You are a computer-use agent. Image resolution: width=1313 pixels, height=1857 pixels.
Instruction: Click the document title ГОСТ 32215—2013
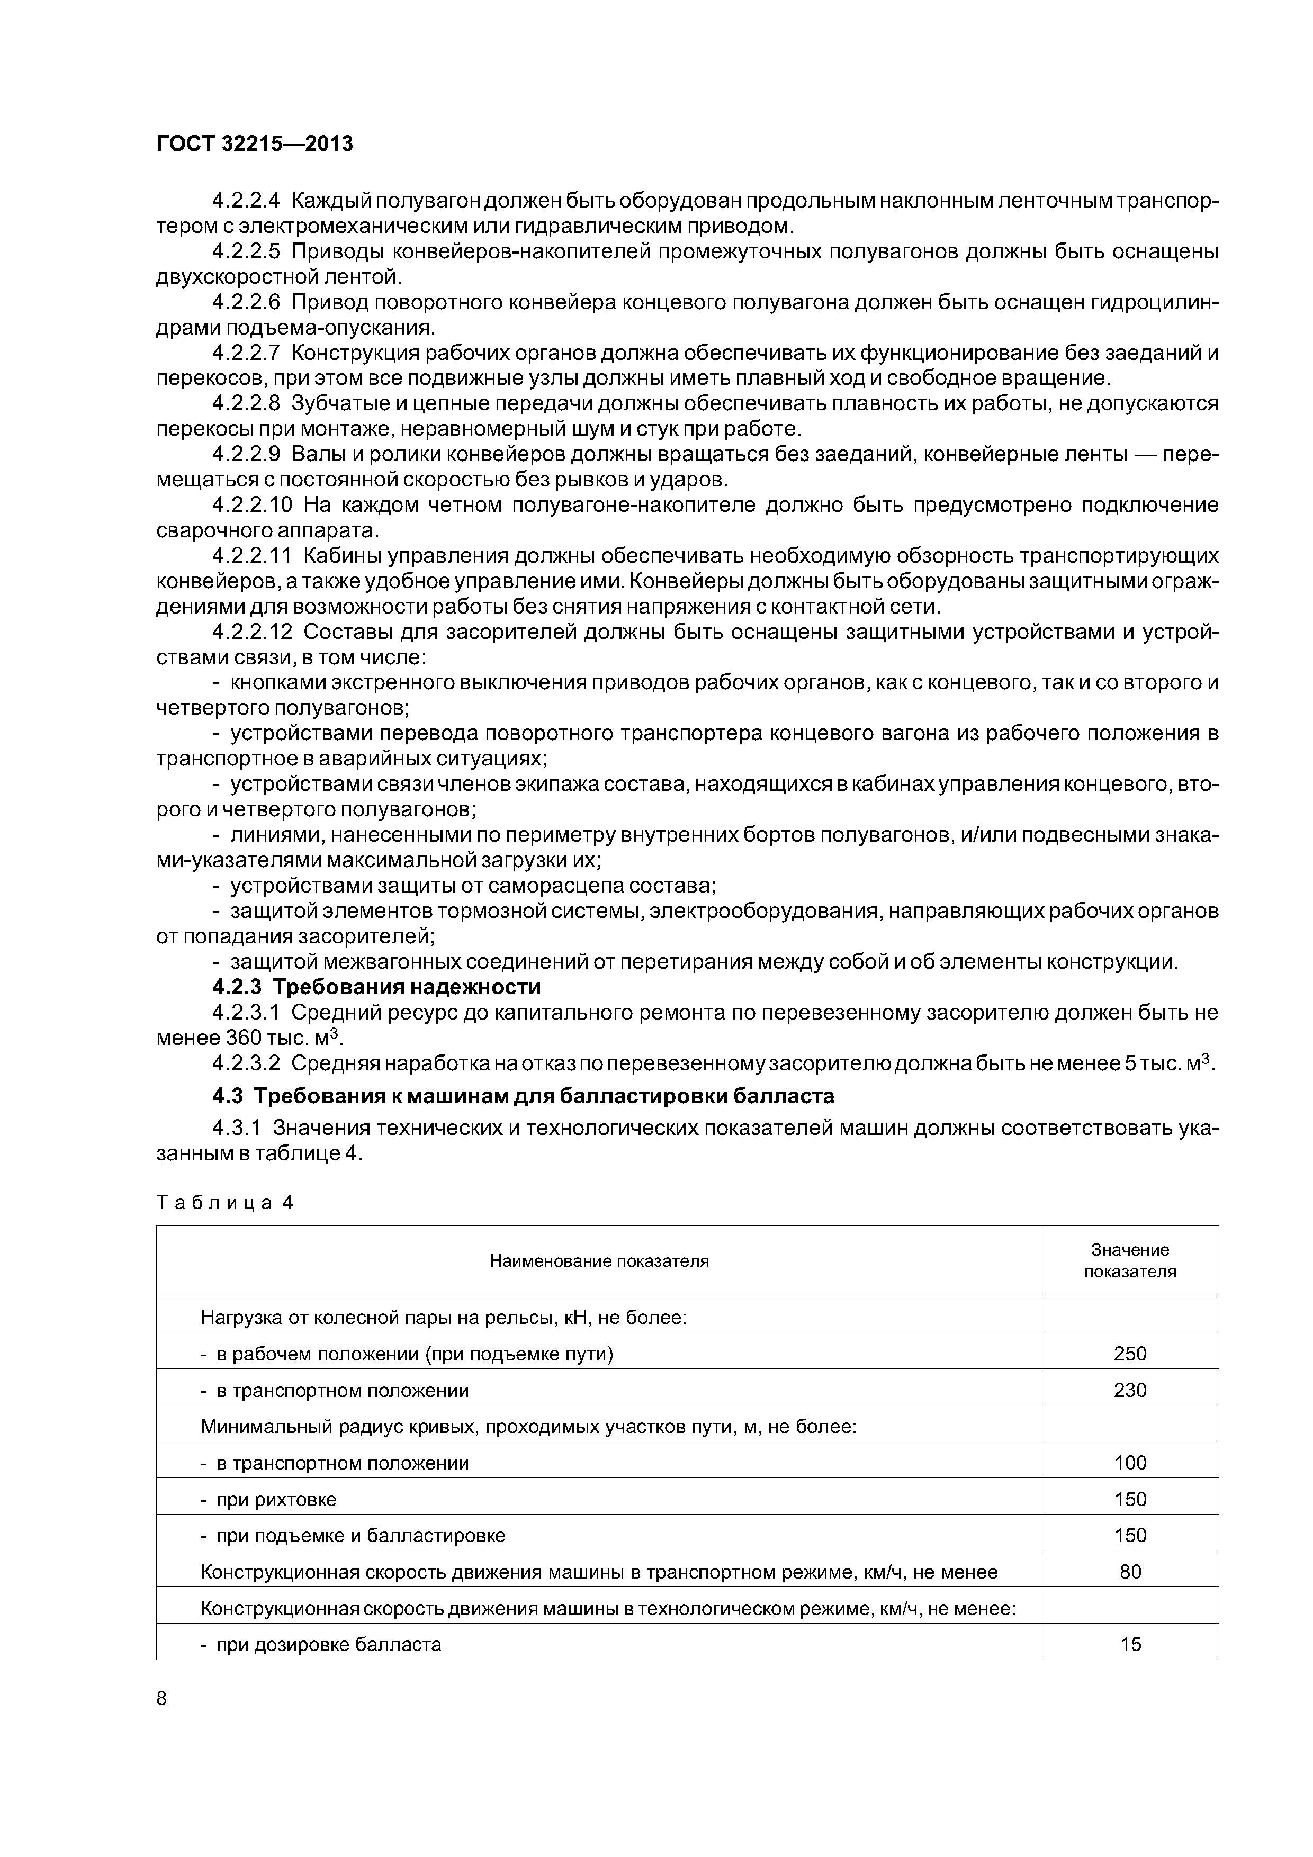[x=254, y=145]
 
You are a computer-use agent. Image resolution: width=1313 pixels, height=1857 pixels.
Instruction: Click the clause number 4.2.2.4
[x=245, y=200]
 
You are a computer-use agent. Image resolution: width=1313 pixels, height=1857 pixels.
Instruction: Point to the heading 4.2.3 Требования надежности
[x=376, y=988]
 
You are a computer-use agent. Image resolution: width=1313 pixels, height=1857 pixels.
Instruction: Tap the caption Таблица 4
[x=223, y=1203]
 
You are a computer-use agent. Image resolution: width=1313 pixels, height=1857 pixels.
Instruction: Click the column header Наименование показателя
[x=599, y=1261]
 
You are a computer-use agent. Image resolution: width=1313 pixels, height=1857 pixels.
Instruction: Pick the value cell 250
[x=1129, y=1354]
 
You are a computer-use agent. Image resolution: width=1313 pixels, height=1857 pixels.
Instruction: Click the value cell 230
[x=1129, y=1390]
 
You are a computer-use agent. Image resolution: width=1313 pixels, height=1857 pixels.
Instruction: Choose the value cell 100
[x=1129, y=1463]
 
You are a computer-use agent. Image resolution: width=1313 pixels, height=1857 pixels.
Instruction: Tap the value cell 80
[x=1129, y=1572]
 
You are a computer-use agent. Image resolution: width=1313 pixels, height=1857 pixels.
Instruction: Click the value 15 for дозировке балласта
[x=1129, y=1644]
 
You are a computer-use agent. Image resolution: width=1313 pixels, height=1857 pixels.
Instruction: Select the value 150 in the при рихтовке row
[x=1129, y=1500]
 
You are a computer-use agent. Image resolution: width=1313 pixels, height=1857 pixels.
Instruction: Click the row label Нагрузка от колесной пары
[x=443, y=1318]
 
